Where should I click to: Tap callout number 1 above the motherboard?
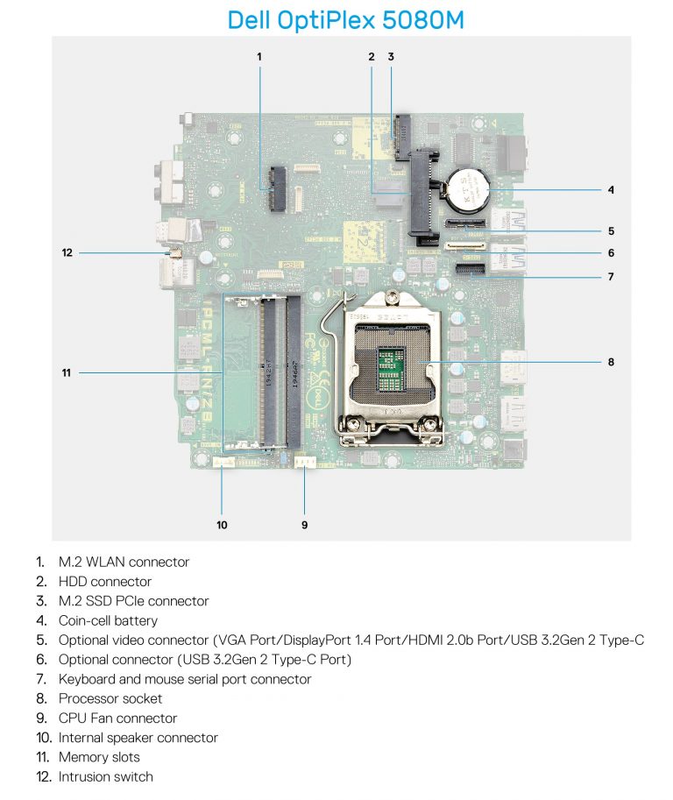click(259, 56)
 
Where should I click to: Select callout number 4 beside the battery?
click(611, 189)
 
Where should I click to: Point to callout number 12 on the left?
click(67, 253)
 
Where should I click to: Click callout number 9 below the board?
click(305, 525)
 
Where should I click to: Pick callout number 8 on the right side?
click(611, 360)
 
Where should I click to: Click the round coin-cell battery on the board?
click(467, 185)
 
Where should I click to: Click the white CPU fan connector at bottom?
click(304, 462)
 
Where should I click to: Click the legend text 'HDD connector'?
click(104, 582)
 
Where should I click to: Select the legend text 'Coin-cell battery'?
click(108, 620)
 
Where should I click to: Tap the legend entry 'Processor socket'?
click(110, 698)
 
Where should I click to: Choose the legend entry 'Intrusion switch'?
click(105, 776)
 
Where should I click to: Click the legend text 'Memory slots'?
click(99, 757)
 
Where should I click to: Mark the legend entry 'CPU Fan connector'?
click(117, 719)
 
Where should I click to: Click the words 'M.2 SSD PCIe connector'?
click(133, 601)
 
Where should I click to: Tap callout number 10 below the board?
click(222, 525)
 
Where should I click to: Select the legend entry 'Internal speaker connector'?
click(138, 738)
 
